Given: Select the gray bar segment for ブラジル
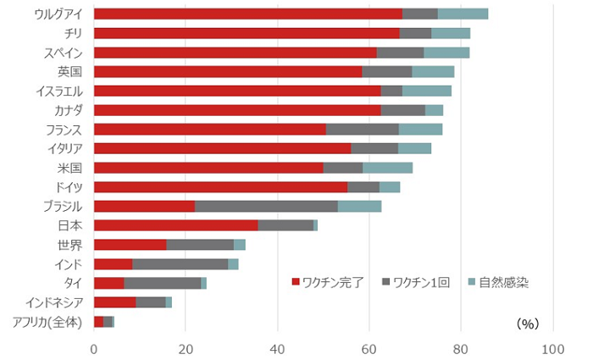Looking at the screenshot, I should tap(266, 206).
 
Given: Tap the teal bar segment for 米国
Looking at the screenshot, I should tap(387, 168).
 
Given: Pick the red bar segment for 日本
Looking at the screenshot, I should tap(175, 225).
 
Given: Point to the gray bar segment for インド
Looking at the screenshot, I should tap(180, 264).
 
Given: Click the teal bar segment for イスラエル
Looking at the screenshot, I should tap(427, 91).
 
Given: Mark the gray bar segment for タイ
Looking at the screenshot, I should tap(163, 283).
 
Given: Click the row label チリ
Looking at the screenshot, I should tap(70, 33).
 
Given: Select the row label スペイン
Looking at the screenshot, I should tap(64, 53).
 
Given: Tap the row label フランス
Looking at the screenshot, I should tap(64, 130).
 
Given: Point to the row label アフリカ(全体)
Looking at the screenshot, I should tap(47, 322).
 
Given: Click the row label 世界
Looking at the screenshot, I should tap(69, 245).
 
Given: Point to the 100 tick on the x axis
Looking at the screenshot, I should tap(552, 347).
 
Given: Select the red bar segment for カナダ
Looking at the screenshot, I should tap(237, 110).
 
